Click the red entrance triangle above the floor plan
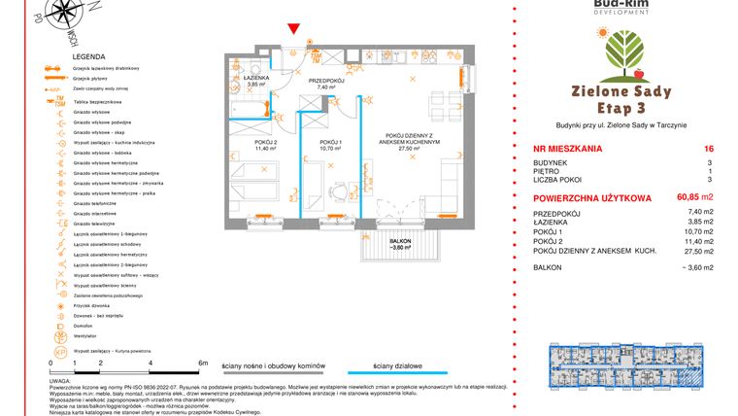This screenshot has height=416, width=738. click(x=295, y=32)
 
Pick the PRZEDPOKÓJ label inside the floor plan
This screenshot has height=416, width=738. click(x=325, y=80)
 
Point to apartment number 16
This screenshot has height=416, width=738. click(x=694, y=150)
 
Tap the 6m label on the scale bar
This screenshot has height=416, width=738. click(x=202, y=362)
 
